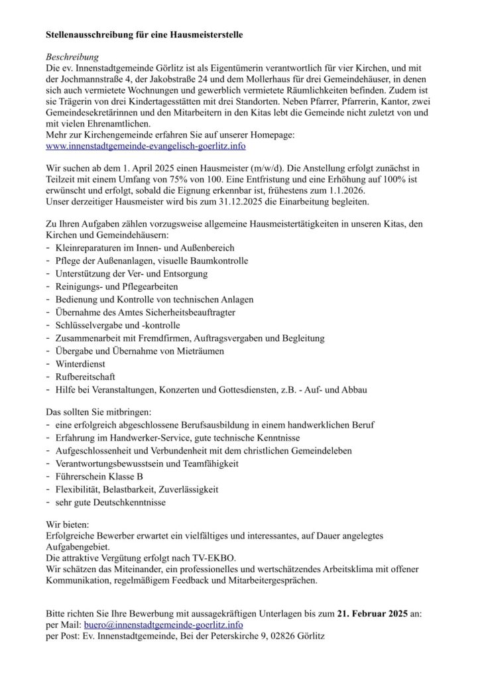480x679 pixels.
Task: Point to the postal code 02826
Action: point(278,637)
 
